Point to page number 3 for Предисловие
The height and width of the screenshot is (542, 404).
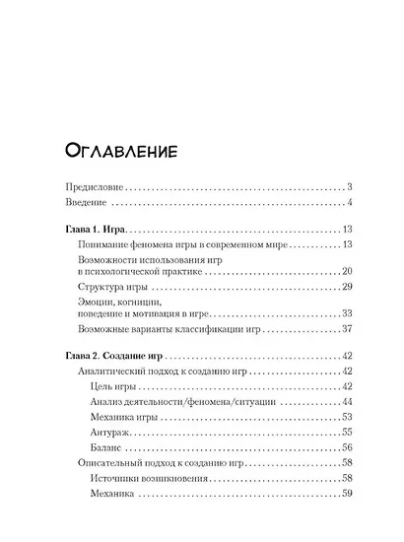pos(351,187)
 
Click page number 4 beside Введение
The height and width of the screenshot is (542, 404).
pos(351,205)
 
